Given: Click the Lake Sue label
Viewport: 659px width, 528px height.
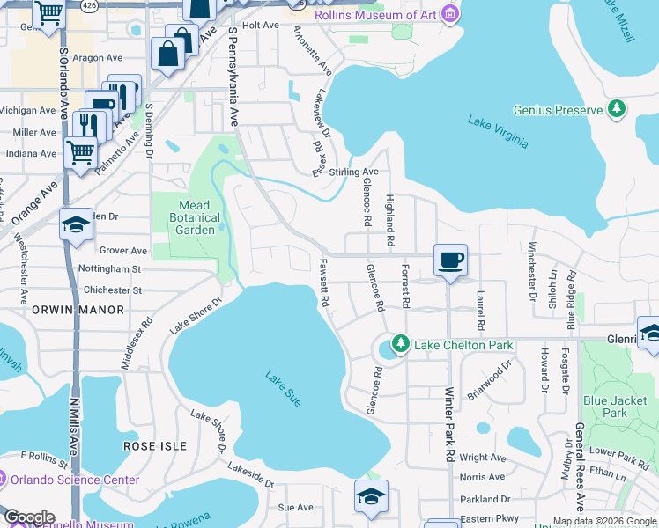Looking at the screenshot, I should [284, 388].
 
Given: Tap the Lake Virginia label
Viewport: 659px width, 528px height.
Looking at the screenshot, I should [499, 131].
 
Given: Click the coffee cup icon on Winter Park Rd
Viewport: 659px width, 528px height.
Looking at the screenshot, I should [450, 260].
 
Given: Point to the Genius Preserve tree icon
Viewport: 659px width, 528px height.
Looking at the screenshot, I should [617, 109].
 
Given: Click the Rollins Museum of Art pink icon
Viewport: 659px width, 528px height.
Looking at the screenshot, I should [449, 14].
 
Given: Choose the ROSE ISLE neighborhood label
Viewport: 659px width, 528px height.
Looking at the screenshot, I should [155, 446].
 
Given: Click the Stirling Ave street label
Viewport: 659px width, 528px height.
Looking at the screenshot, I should [352, 172].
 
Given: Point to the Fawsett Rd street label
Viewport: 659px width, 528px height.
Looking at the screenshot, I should [324, 282].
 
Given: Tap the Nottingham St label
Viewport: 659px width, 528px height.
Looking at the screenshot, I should [109, 268].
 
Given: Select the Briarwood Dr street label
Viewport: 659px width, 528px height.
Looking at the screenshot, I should [490, 380].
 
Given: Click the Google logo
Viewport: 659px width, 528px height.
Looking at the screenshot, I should [29, 517].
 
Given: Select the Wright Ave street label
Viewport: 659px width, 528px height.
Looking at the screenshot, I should [483, 458].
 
